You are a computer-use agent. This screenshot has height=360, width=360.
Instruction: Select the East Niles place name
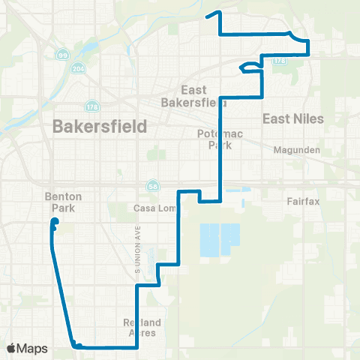(x=292, y=118)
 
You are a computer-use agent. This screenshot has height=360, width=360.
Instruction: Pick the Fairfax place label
(x=303, y=201)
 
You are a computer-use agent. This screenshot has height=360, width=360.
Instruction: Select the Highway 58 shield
(x=152, y=185)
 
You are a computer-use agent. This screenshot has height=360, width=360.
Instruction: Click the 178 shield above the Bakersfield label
(x=92, y=106)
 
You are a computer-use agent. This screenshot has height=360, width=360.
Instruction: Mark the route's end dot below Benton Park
(x=54, y=220)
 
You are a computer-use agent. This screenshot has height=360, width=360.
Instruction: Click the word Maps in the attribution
(x=33, y=348)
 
